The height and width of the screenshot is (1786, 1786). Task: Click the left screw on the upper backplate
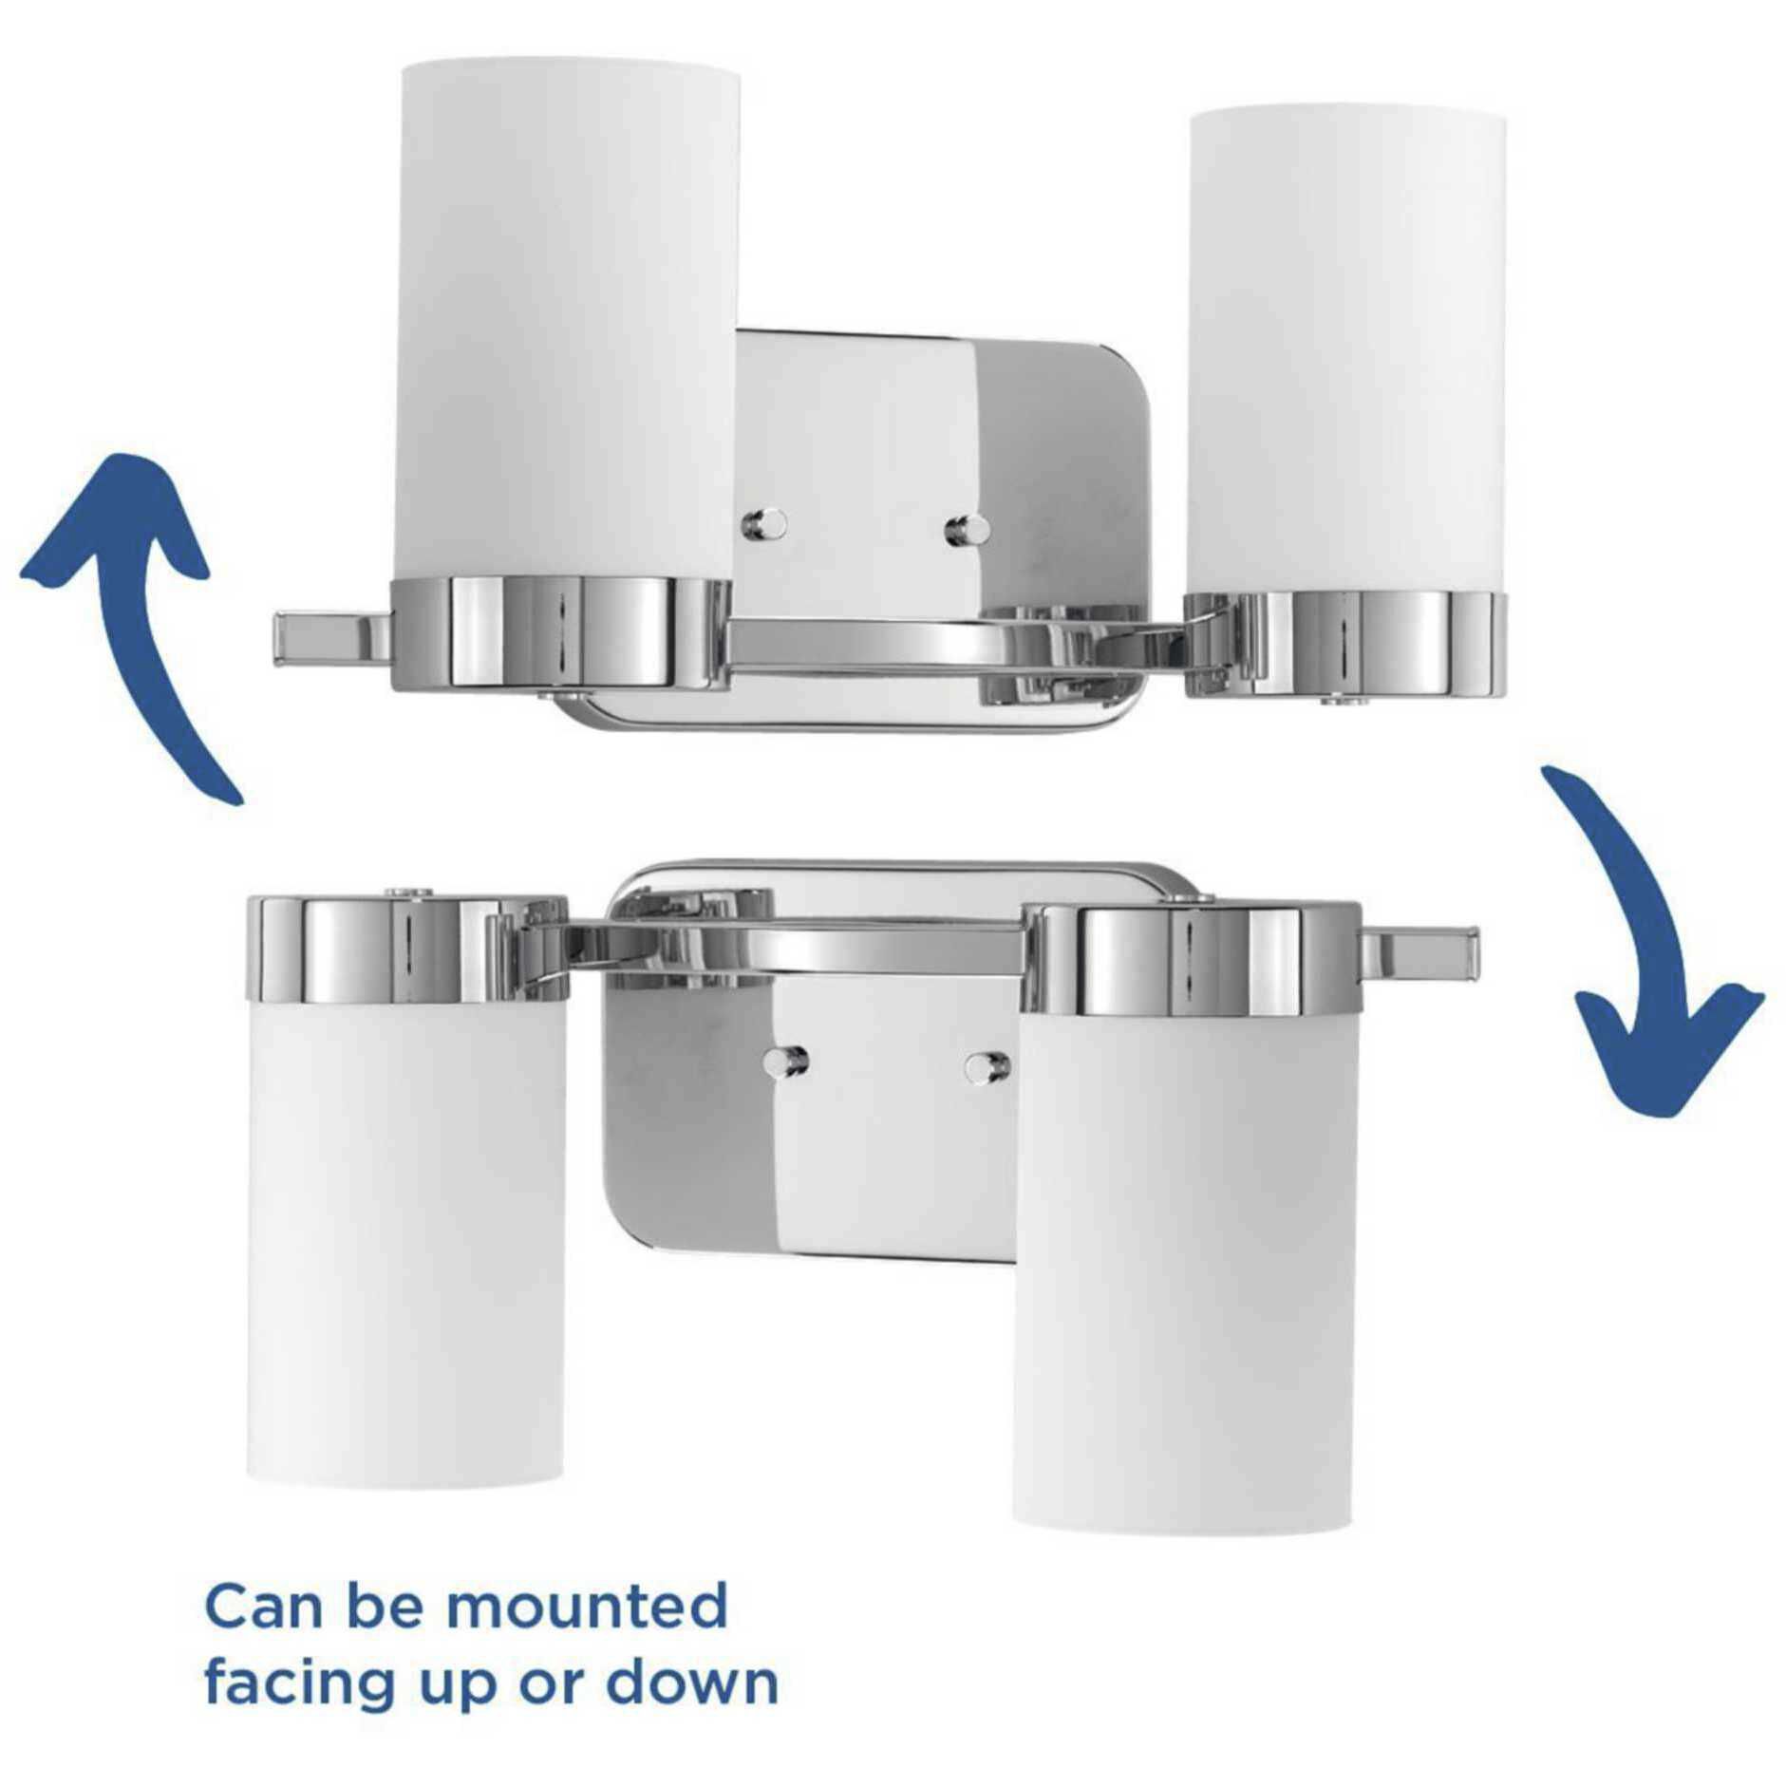[765, 521]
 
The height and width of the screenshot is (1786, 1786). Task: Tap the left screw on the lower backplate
[787, 1060]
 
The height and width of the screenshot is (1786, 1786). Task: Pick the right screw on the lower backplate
[987, 1065]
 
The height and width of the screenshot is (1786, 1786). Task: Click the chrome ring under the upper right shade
[1346, 643]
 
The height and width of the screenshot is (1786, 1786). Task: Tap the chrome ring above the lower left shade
[406, 949]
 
